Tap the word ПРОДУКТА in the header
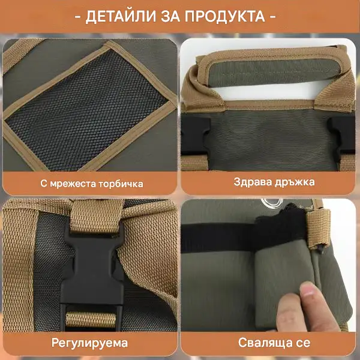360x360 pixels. point(225,17)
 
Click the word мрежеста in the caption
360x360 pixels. point(73,184)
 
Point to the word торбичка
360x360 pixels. point(121,184)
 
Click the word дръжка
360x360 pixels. point(295,182)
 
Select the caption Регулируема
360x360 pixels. point(90,343)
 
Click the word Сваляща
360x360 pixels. point(265,343)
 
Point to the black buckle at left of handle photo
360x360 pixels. point(195,136)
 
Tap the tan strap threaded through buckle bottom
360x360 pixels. point(91,320)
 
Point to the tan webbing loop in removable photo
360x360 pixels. point(319,229)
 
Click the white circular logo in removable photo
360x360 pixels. point(272,202)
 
